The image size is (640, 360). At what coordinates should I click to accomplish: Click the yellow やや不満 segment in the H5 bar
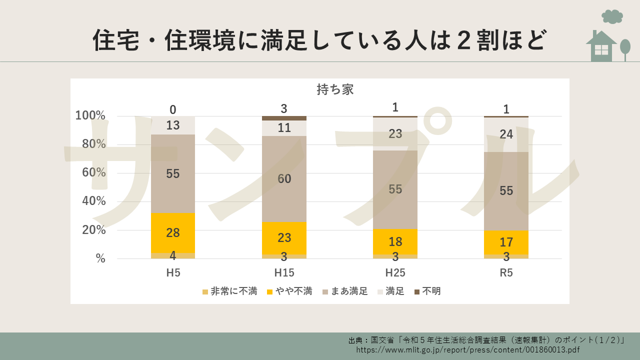[x=173, y=232]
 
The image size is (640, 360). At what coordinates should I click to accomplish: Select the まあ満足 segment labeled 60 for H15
[x=284, y=178]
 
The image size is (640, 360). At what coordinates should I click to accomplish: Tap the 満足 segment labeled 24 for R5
[x=506, y=134]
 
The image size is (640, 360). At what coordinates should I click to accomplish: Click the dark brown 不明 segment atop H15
[x=284, y=118]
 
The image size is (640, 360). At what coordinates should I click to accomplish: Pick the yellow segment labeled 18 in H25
[x=395, y=241]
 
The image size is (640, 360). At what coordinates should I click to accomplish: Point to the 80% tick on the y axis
[x=90, y=144]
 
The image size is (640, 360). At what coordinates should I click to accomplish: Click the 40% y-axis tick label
[x=90, y=201]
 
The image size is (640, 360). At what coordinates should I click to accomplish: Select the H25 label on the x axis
[x=395, y=273]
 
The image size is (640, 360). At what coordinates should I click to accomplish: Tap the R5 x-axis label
[x=506, y=273]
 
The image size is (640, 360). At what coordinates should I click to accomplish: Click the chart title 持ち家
[x=335, y=89]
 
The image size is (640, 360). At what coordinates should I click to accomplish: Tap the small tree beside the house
[x=625, y=48]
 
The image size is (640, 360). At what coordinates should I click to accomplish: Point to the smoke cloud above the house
[x=612, y=16]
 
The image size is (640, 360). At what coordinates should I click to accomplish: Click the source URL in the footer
[x=468, y=350]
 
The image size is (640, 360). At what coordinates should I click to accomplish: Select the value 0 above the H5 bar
[x=173, y=109]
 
